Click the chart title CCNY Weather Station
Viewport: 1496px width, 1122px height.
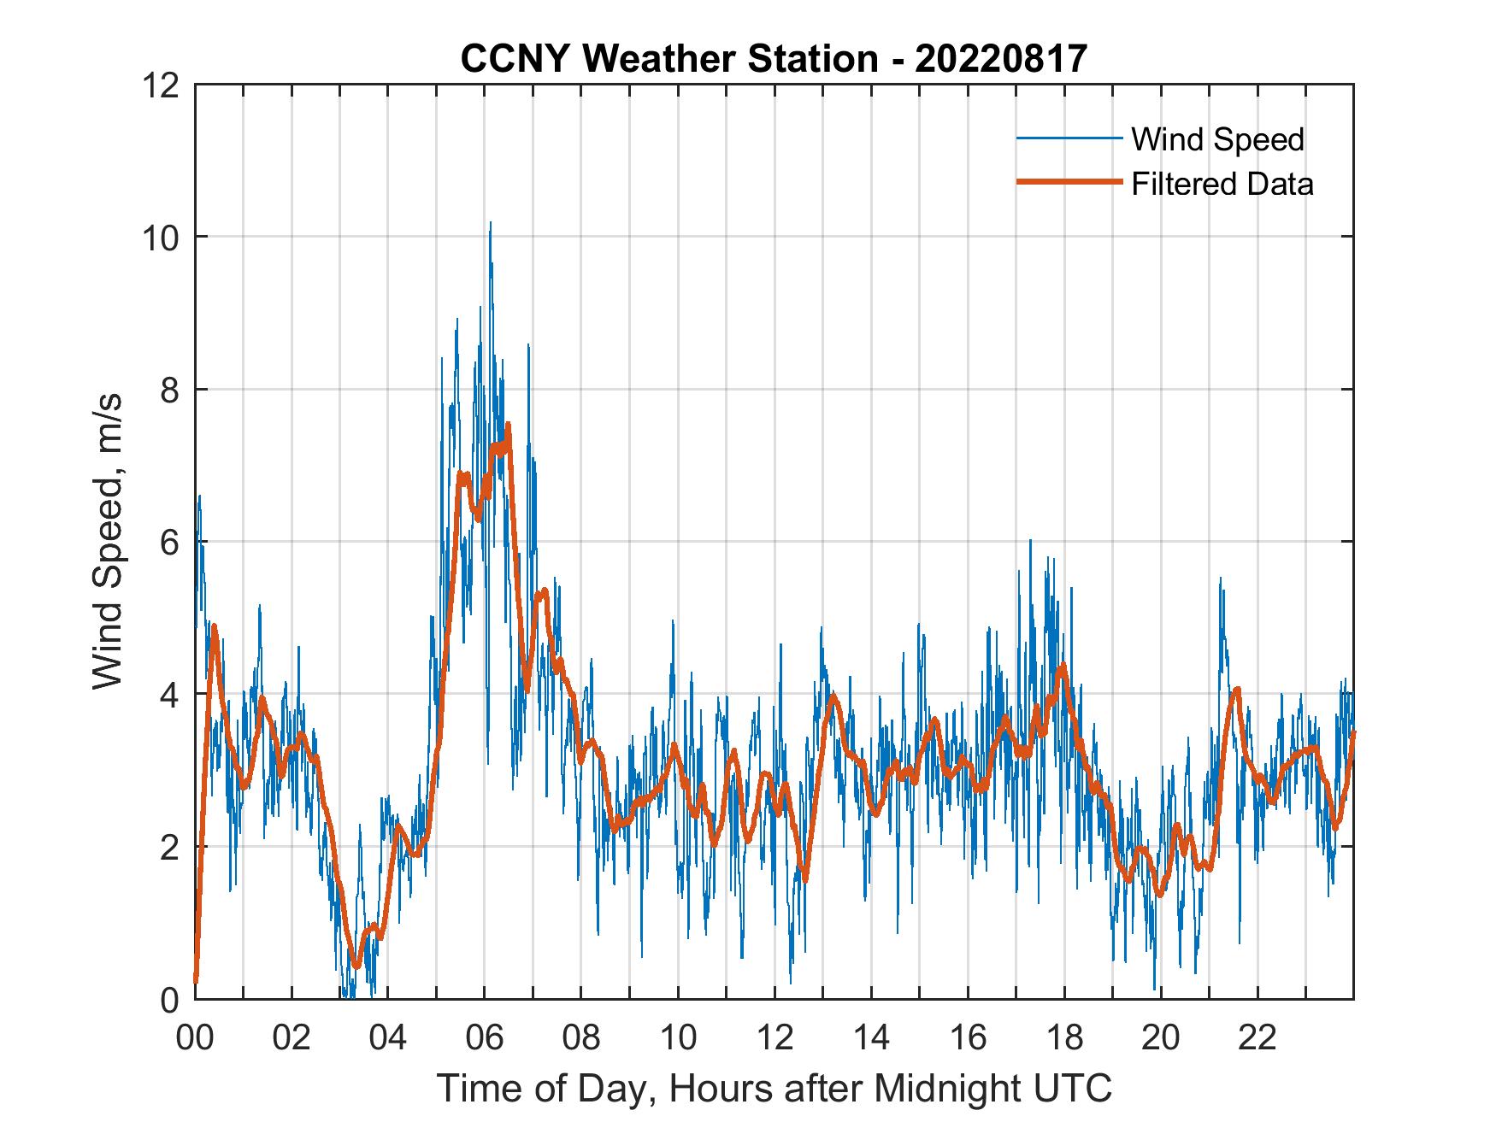click(x=668, y=59)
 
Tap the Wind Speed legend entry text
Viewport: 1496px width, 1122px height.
click(x=1217, y=139)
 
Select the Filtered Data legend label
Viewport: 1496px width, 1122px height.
click(x=1222, y=184)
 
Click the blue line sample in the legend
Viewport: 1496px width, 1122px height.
click(x=1068, y=138)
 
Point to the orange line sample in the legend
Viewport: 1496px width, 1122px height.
click(x=1068, y=182)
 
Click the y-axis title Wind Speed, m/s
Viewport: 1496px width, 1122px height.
click(x=108, y=541)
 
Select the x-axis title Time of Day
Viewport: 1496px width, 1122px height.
click(x=775, y=1089)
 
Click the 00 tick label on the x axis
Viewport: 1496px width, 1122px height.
click(x=195, y=1038)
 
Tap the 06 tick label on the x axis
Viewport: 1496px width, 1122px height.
click(x=485, y=1038)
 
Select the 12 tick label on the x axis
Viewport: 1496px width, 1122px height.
click(x=775, y=1038)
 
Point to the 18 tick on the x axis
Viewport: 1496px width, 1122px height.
click(x=1064, y=1038)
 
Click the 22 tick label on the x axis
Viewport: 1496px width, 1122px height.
click(x=1257, y=1038)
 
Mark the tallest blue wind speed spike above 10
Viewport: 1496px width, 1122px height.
click(x=490, y=224)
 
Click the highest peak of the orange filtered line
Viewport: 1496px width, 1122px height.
click(x=508, y=425)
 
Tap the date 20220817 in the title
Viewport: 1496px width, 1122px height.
click(x=1001, y=59)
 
